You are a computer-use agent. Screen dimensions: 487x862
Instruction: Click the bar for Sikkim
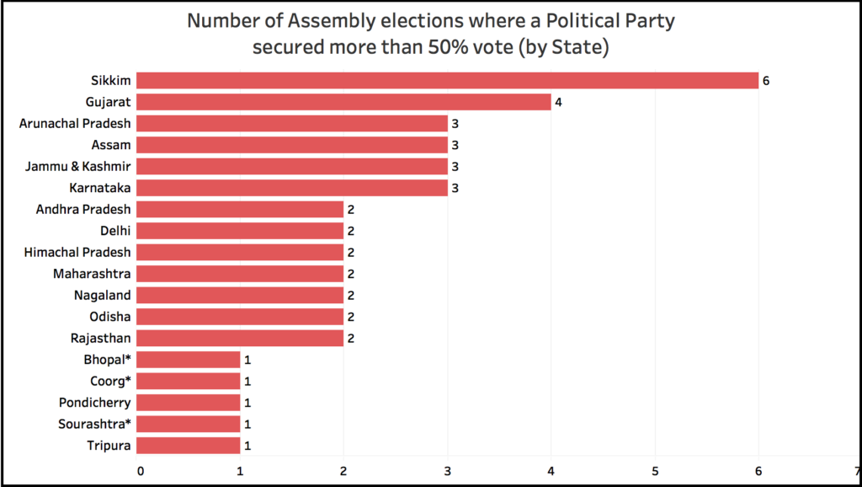447,81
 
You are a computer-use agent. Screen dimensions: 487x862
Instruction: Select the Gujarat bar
343,102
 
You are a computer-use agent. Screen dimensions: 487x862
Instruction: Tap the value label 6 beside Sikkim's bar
767,81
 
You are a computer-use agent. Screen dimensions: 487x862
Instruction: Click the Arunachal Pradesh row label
75,123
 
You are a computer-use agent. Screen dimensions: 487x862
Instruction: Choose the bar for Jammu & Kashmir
291,166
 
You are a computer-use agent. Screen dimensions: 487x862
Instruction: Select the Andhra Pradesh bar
240,209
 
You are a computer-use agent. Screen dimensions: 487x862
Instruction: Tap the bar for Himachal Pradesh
240,252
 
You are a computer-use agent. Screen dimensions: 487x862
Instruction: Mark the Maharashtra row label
92,273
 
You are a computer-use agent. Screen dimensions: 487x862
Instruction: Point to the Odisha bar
240,316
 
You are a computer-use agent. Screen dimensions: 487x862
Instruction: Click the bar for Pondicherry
188,402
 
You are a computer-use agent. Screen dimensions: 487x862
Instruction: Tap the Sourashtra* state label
94,423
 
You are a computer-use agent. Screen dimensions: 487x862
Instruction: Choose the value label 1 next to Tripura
247,445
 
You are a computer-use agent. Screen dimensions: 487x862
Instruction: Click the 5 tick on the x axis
655,470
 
